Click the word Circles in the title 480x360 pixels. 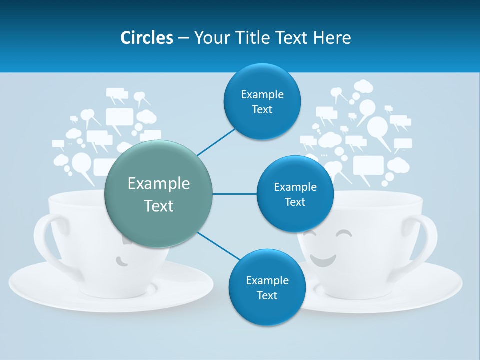click(147, 38)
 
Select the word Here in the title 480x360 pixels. click(332, 38)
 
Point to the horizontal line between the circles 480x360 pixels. click(234, 194)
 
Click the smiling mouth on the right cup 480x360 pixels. click(322, 260)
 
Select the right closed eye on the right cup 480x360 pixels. click(344, 234)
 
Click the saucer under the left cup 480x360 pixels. click(50, 290)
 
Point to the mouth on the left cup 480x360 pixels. click(121, 260)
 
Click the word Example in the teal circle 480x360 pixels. click(158, 184)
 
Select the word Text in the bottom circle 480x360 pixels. click(267, 295)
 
